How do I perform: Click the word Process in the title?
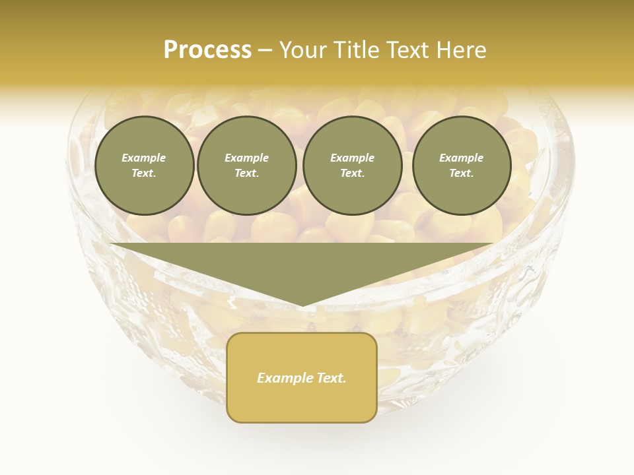click(207, 50)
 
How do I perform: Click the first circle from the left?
click(145, 166)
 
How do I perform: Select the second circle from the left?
click(247, 166)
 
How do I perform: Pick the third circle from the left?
click(353, 166)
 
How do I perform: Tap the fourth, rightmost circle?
click(462, 166)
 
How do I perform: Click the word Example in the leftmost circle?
click(144, 158)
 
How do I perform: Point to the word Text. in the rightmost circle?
click(462, 174)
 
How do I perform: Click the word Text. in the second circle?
click(247, 174)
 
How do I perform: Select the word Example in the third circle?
click(353, 158)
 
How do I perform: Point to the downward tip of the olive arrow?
click(302, 305)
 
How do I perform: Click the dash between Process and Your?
click(265, 50)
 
